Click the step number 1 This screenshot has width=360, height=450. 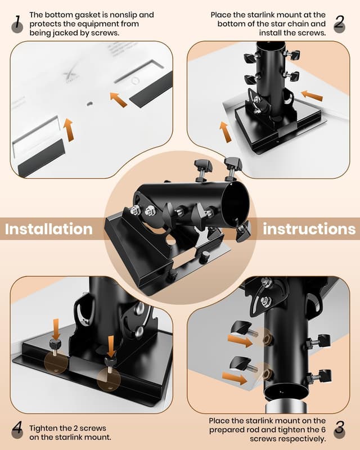17,22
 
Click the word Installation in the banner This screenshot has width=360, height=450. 49,229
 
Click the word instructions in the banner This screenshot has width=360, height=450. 309,229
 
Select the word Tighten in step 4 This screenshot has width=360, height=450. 43,428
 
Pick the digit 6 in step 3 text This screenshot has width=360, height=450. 323,430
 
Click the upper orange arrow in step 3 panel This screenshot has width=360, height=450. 241,341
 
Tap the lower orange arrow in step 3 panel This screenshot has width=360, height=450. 235,377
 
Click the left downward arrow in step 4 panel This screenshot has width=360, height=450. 56,328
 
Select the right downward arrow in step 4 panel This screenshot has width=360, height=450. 110,346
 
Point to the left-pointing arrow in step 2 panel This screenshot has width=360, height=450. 312,96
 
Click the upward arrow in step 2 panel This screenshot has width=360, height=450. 226,132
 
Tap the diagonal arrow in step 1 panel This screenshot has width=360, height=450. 118,100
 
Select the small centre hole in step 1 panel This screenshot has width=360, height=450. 90,103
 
